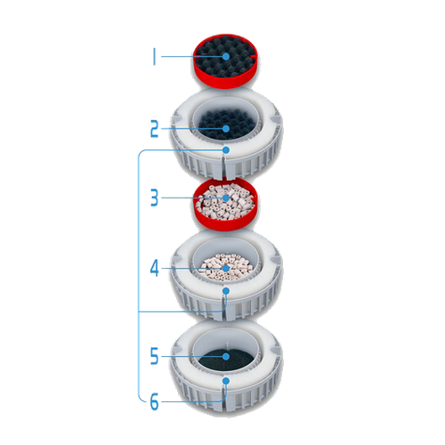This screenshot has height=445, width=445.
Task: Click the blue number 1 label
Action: (x=154, y=57)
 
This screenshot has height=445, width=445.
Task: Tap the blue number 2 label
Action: (x=154, y=129)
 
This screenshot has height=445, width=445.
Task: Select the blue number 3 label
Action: (x=154, y=198)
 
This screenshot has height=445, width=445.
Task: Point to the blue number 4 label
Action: (x=154, y=269)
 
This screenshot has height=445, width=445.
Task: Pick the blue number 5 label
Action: (x=154, y=356)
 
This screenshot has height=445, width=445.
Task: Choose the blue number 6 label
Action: (x=154, y=402)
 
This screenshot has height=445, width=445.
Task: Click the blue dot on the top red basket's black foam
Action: (x=226, y=56)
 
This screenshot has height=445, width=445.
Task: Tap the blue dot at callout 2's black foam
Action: (x=226, y=128)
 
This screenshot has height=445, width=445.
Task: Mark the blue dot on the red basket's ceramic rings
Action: (x=226, y=198)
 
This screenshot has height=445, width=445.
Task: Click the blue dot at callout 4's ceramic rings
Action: (x=226, y=269)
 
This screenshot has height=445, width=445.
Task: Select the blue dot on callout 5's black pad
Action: (x=226, y=356)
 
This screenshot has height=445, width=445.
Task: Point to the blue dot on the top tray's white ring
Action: (x=226, y=150)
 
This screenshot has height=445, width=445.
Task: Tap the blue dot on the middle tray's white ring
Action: (x=226, y=291)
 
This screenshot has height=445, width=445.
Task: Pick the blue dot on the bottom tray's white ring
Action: (x=226, y=381)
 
